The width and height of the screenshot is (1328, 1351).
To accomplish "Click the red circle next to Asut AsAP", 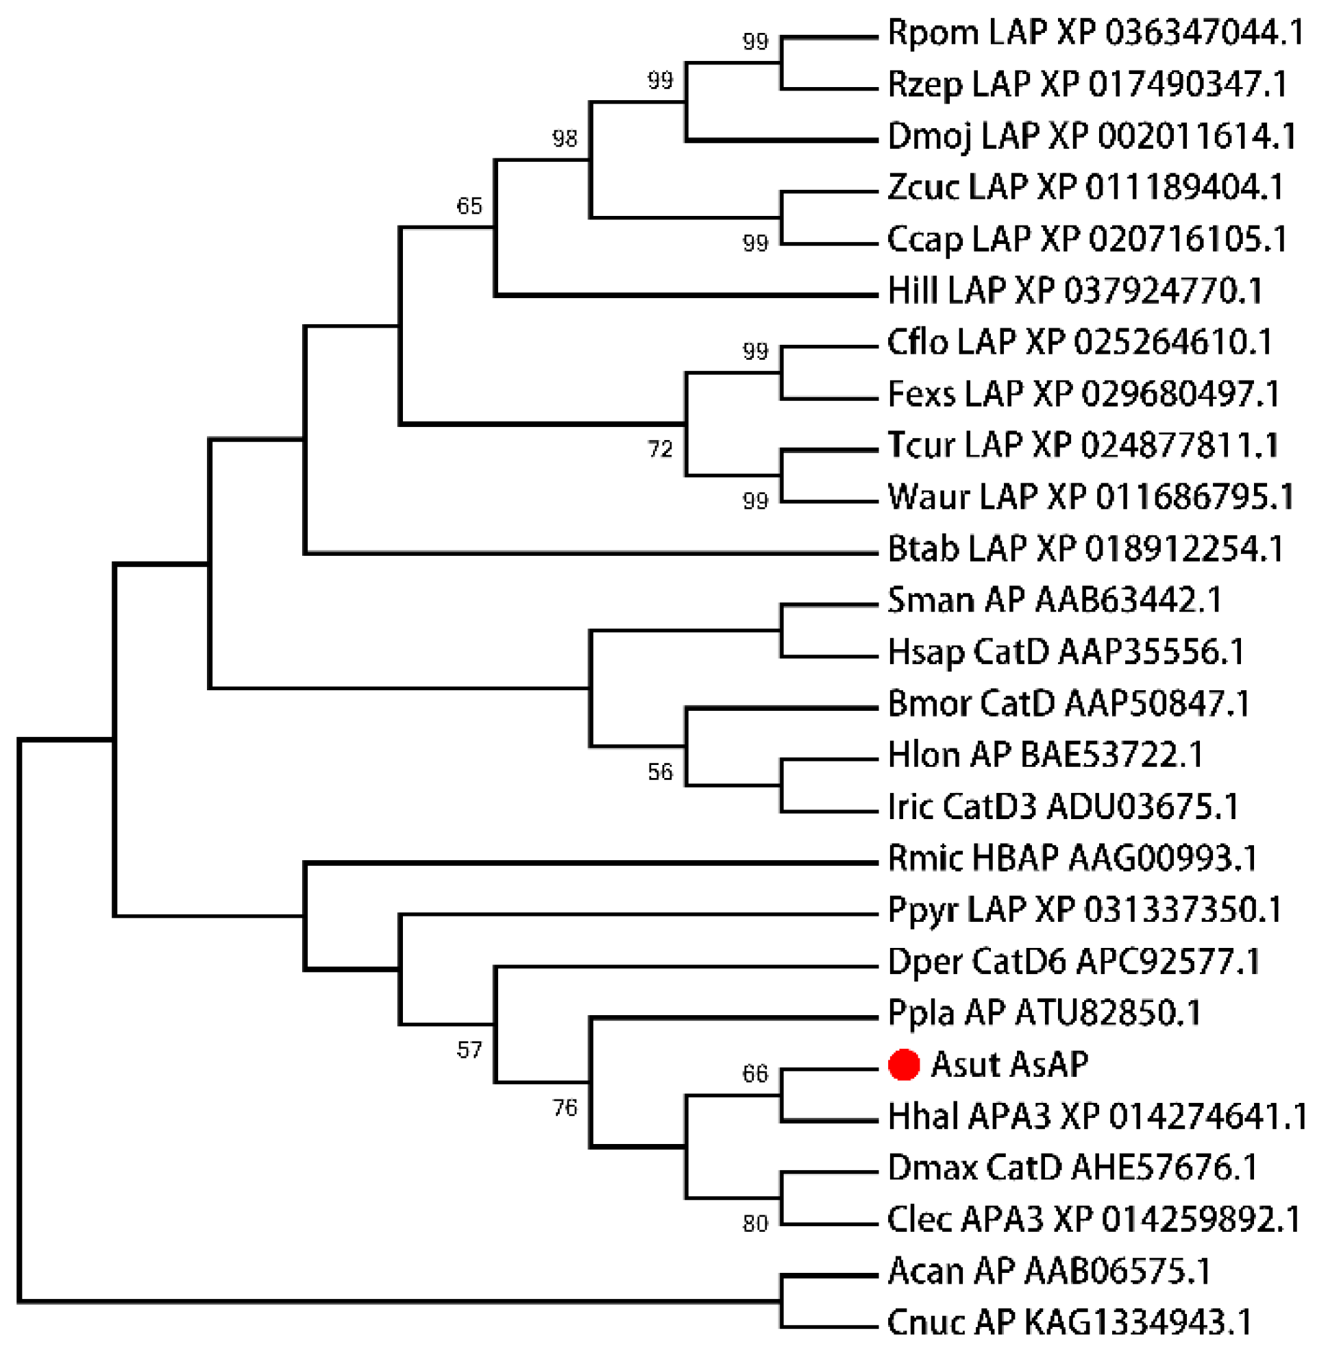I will click(903, 1066).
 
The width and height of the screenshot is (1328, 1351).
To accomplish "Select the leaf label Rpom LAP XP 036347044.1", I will click(1095, 33).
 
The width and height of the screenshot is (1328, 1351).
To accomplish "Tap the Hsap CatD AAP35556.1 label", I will click(1066, 653).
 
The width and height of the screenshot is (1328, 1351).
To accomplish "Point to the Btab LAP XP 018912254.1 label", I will click(1085, 549).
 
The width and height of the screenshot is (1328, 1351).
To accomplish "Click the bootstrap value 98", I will click(564, 139).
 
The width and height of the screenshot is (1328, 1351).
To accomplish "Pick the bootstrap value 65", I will click(469, 206).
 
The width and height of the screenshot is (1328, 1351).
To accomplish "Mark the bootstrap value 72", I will click(660, 449).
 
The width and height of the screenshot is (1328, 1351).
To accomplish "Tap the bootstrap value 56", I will click(660, 772).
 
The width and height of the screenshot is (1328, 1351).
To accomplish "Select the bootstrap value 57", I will click(469, 1050).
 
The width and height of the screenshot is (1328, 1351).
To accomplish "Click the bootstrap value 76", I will click(564, 1108).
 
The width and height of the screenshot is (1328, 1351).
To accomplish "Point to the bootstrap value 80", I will click(755, 1224).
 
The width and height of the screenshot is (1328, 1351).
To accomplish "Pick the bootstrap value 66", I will click(755, 1074).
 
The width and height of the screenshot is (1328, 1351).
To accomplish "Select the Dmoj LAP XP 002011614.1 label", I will click(1092, 136).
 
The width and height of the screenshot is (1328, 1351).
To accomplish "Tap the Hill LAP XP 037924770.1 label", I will click(1075, 291).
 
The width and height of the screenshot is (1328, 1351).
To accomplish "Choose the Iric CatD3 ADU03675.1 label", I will click(1063, 807).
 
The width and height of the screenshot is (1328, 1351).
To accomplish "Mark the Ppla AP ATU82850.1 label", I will click(1044, 1013).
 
